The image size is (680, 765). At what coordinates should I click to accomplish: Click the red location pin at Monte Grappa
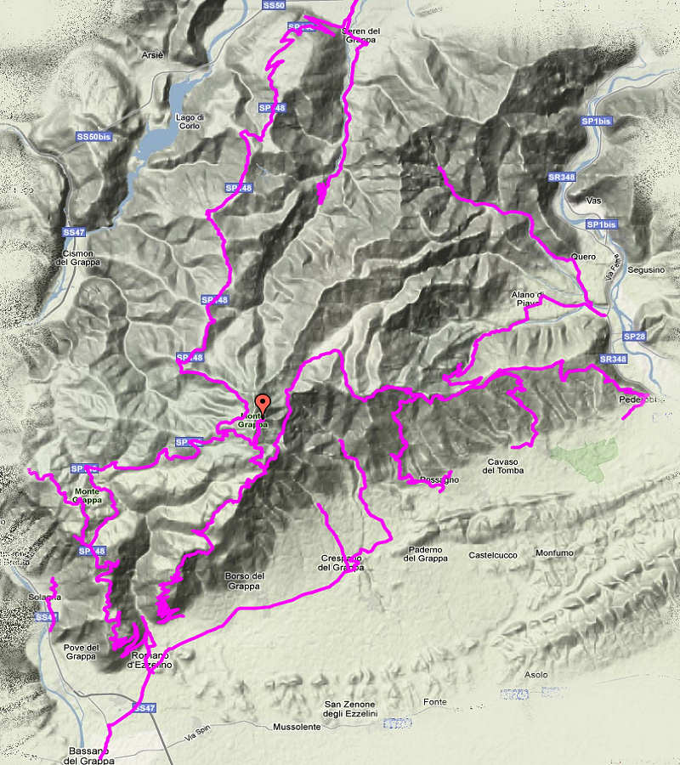coord(263,404)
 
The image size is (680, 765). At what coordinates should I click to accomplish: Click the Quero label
coord(584,257)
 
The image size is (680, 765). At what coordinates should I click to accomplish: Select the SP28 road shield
coord(633,337)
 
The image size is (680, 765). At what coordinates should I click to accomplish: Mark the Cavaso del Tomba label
coord(505,466)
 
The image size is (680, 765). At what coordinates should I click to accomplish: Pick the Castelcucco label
coord(492,555)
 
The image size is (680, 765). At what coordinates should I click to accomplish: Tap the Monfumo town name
coord(554,553)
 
